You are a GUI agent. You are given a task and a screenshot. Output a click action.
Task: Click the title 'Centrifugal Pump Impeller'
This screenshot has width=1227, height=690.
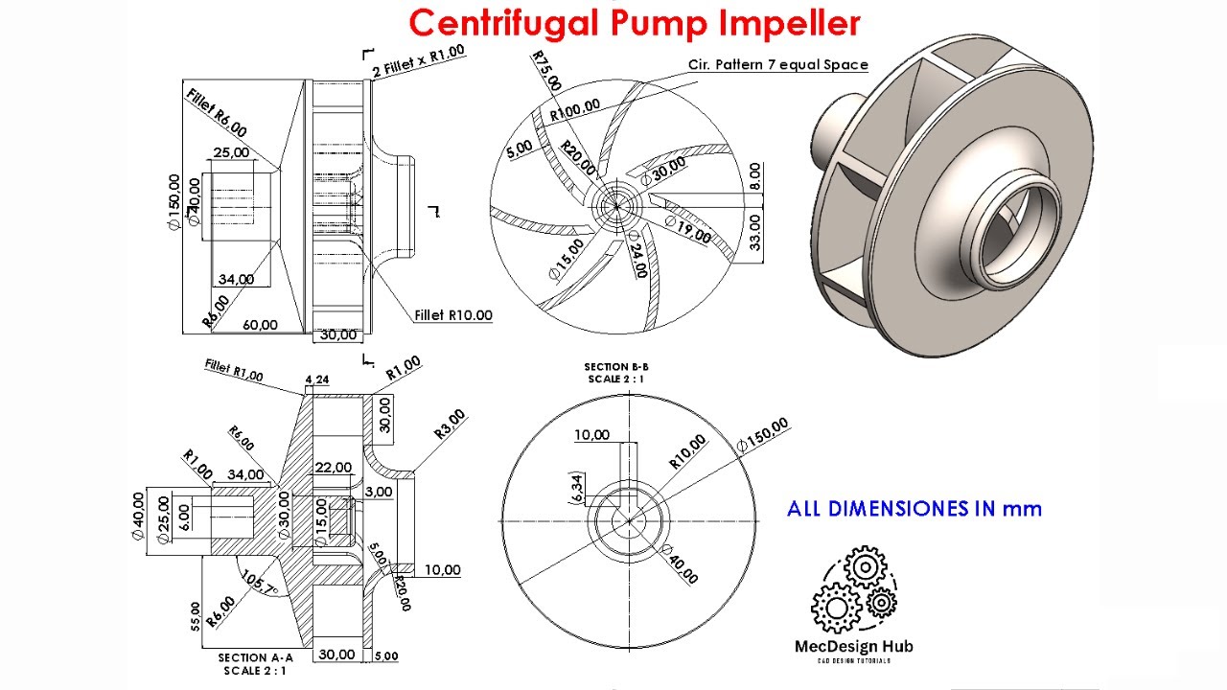click(x=634, y=22)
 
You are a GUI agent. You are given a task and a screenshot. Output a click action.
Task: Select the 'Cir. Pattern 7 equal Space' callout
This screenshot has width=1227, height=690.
click(x=777, y=65)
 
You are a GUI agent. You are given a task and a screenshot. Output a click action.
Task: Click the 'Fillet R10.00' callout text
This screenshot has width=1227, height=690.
click(x=453, y=315)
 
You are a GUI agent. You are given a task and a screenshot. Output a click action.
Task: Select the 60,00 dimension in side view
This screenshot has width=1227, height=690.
click(x=260, y=325)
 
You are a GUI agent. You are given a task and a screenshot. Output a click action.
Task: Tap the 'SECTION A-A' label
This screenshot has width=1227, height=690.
click(x=255, y=658)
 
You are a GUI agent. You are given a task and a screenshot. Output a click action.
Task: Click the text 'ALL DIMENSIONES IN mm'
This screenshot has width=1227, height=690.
click(x=914, y=509)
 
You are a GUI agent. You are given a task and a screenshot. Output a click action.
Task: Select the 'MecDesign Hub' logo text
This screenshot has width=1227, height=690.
click(x=854, y=646)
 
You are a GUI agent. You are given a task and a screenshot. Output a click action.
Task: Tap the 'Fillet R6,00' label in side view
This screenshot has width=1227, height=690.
click(x=217, y=113)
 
